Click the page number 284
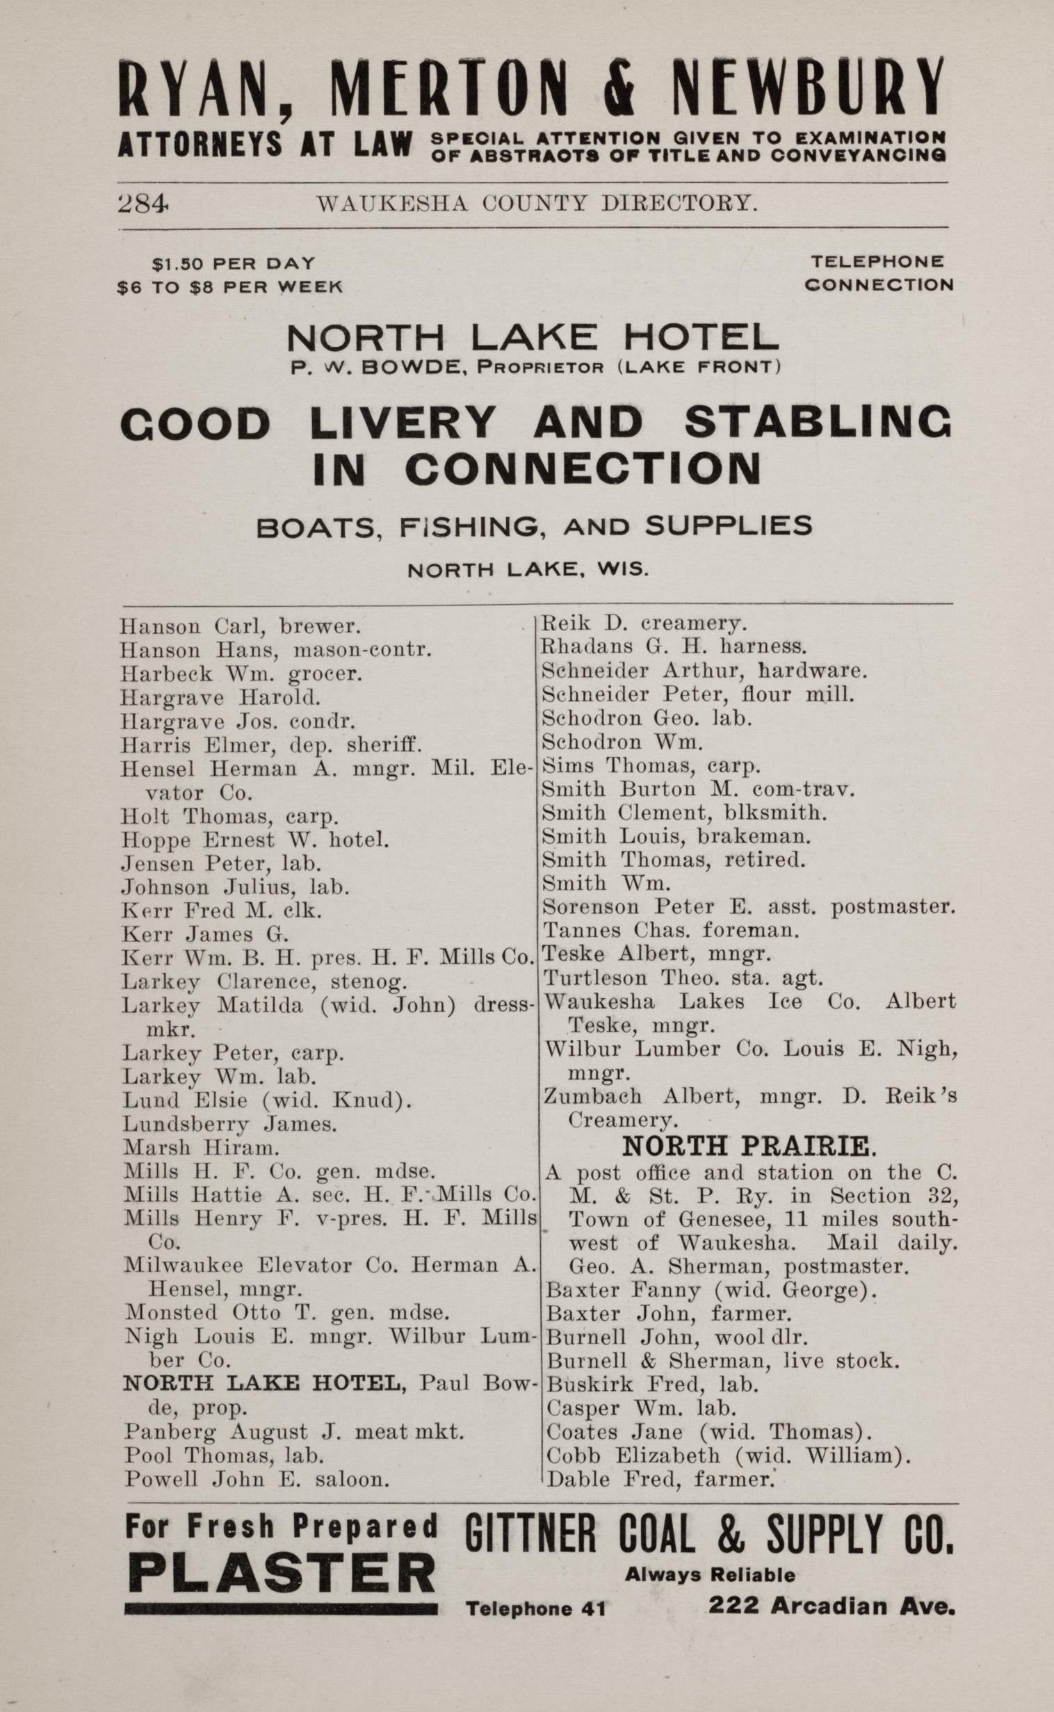click(144, 203)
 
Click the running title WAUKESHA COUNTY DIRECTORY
click(536, 203)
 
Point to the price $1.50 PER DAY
click(234, 264)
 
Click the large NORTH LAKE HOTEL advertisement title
click(533, 338)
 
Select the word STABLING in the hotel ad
click(817, 423)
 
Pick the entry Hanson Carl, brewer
click(241, 626)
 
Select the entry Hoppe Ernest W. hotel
click(255, 840)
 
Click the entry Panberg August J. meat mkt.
click(294, 1431)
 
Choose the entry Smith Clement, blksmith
click(685, 813)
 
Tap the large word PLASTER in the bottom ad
click(282, 1574)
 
